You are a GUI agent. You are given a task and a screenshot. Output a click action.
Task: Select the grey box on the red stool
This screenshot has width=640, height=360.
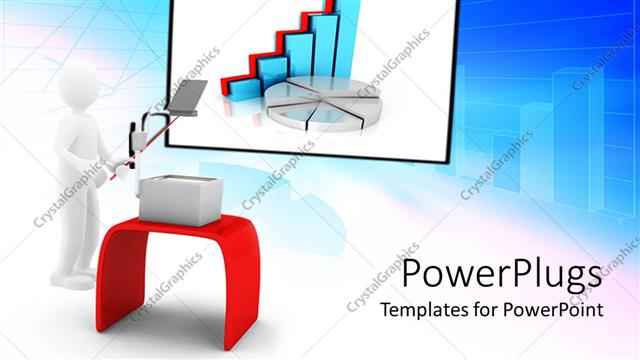[180, 201]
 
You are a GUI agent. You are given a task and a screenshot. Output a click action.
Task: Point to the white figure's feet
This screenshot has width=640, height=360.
[75, 279]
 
